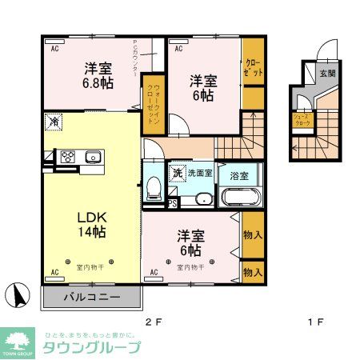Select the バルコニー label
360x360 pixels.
point(92,298)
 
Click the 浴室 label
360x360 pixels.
point(238,174)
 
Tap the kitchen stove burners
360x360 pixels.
point(68,157)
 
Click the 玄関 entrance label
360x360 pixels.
point(328,73)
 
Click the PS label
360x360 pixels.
point(172,203)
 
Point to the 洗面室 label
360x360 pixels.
point(199,172)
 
